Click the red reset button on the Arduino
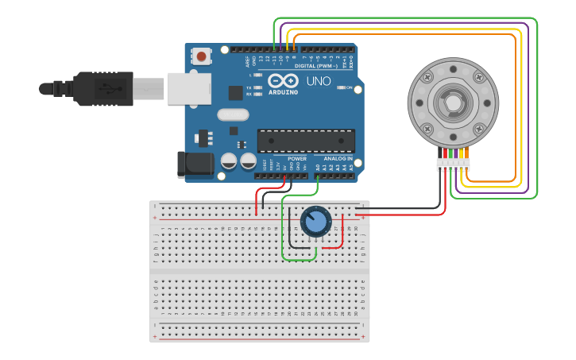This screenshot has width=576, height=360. click(202, 56)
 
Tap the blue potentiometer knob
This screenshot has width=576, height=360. click(315, 222)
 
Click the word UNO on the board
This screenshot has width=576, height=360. click(319, 81)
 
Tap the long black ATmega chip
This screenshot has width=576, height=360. click(306, 141)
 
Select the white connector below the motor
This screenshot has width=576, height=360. click(453, 164)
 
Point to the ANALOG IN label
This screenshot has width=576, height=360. click(338, 158)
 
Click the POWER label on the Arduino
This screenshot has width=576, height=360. click(297, 158)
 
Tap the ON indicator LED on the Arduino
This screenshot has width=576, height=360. click(340, 87)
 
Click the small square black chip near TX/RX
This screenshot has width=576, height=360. click(235, 92)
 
